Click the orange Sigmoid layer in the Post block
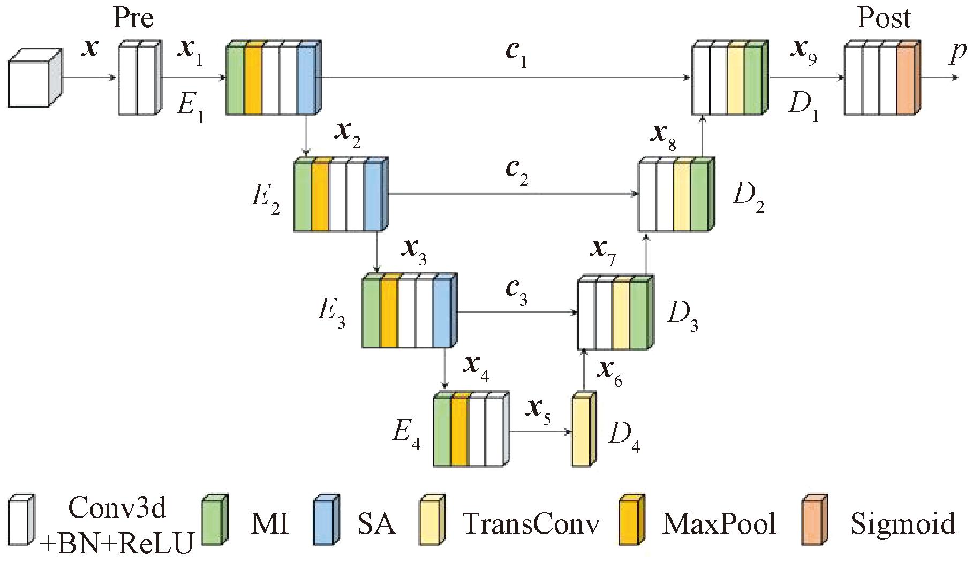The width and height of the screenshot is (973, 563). (x=906, y=80)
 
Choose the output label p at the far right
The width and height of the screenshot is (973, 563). (x=958, y=54)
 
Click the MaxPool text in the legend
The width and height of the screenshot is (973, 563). (x=719, y=523)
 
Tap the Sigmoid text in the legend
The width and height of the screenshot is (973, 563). (x=903, y=523)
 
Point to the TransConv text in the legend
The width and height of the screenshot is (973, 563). (x=531, y=523)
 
